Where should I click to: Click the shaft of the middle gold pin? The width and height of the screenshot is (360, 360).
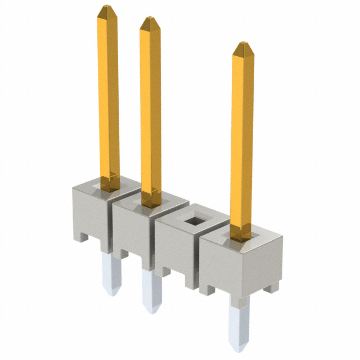[150, 107]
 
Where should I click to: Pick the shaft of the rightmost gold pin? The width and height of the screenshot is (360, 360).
[242, 141]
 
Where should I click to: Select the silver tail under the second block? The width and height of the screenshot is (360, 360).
[151, 290]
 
